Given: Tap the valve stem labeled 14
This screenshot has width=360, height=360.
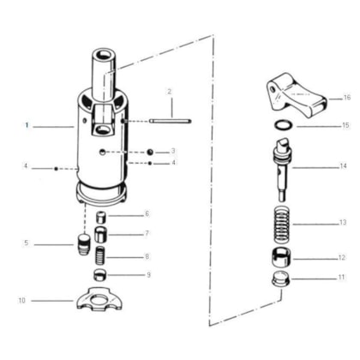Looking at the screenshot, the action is pos(283,169).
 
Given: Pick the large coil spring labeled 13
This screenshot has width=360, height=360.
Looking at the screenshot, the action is pos(282,225).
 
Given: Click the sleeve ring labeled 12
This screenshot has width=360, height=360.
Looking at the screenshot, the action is pos(281,257).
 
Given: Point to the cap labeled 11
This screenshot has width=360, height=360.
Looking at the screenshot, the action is pos(281,279).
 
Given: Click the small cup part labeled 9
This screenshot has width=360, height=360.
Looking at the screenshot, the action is pos(100,275).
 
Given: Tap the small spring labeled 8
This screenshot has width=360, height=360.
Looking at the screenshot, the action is pos(100,255).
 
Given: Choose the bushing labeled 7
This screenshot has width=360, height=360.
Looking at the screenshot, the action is pos(101,235).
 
